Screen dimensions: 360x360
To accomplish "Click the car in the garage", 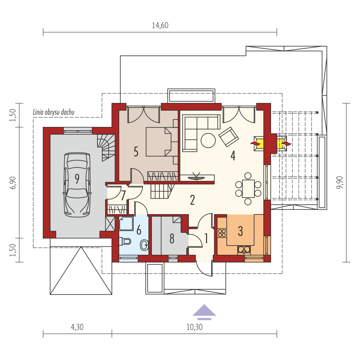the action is (77, 185).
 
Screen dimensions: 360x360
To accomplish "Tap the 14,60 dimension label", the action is (160, 25).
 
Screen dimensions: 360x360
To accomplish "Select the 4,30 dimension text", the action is (77, 327).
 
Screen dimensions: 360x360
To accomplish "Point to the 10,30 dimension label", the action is (195, 327).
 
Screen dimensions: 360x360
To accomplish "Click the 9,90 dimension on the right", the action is (340, 182).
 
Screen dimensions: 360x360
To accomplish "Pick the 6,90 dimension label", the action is (13, 182).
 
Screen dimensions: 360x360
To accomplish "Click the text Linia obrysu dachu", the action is (54, 112).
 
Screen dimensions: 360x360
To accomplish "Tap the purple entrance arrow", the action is (204, 312).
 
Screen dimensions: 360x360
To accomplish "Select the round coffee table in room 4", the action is (208, 140).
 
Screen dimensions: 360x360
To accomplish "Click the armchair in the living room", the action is (229, 137).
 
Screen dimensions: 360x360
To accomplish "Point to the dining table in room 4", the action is (248, 189).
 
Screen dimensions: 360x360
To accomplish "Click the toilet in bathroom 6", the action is (125, 241).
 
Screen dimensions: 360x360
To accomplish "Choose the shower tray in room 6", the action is (126, 224).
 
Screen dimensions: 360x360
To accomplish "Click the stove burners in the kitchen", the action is (222, 233).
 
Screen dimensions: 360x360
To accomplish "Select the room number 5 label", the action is (136, 152).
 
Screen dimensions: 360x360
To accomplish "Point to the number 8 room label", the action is (172, 239).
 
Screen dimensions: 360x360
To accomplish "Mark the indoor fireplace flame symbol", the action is (255, 144).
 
